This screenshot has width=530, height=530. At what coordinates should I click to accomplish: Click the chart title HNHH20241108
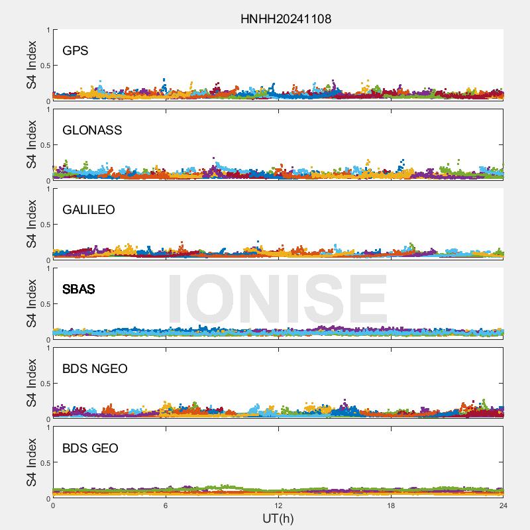(x=286, y=19)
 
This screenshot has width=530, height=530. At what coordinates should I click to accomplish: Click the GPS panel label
(x=76, y=51)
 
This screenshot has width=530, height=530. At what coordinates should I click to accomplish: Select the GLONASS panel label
(x=92, y=131)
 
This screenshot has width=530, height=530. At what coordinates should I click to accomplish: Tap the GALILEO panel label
(x=89, y=210)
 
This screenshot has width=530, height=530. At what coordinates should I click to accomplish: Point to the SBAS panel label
(x=79, y=290)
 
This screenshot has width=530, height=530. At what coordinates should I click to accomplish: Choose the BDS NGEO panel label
(x=95, y=369)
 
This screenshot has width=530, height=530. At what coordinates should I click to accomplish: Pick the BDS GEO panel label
(x=90, y=449)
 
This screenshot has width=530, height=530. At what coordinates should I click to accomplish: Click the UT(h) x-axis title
(x=278, y=518)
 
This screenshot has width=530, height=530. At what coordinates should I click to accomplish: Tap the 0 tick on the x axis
(x=53, y=505)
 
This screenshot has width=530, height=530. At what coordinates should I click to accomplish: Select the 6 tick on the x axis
(x=166, y=505)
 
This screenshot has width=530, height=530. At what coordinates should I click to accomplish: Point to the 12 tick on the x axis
(x=278, y=505)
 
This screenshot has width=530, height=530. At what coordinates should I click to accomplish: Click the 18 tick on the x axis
(x=391, y=505)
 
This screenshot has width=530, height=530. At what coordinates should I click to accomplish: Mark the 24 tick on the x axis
(x=503, y=505)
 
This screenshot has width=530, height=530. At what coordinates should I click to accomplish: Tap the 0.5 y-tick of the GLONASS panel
(x=43, y=145)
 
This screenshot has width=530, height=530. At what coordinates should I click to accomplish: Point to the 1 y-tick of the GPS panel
(x=48, y=30)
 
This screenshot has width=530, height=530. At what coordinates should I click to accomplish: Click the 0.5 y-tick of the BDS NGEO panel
(x=43, y=384)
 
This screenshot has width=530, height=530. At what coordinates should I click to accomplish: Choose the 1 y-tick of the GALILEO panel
(x=48, y=189)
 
